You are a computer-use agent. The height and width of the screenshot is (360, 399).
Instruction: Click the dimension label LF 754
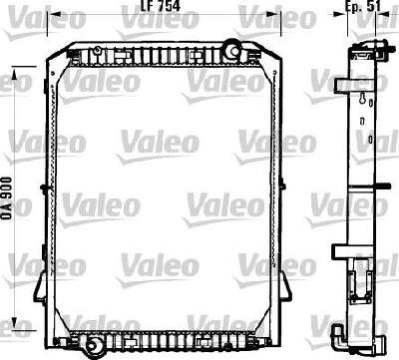(x=161, y=6)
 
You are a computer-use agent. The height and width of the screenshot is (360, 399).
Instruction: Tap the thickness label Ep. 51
(x=363, y=6)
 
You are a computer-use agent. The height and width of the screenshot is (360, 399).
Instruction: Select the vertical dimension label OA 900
(x=7, y=197)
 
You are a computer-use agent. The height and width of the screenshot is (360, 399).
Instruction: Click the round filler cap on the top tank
(x=232, y=49)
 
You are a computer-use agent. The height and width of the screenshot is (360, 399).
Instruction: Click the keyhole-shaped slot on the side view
(x=362, y=99)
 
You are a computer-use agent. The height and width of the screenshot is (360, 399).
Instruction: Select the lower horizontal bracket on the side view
(x=352, y=252)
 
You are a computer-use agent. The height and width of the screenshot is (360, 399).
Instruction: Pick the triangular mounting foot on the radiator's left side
(x=40, y=287)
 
